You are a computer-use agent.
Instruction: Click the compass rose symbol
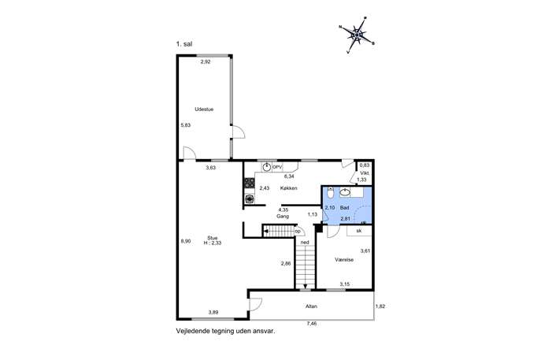357,35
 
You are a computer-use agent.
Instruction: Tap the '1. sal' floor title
184,44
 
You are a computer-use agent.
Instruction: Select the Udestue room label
204,109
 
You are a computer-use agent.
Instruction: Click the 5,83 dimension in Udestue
186,125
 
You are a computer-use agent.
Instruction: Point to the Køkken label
288,188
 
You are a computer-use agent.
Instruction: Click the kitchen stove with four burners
250,183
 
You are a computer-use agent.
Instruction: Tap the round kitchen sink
266,167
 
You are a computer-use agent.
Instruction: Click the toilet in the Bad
330,192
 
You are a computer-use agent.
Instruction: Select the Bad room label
344,208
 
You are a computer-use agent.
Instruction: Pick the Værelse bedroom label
344,259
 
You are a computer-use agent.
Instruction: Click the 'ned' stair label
305,243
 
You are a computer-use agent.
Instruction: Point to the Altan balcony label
311,306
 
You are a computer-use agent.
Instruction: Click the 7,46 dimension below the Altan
312,324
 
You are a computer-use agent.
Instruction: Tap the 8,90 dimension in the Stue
186,241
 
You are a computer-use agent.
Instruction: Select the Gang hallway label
283,216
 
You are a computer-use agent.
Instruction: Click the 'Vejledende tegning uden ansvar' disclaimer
226,331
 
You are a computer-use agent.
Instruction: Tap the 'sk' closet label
359,231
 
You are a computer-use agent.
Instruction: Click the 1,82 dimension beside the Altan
380,306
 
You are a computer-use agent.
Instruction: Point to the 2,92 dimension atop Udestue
206,61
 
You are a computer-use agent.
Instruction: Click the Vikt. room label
365,173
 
